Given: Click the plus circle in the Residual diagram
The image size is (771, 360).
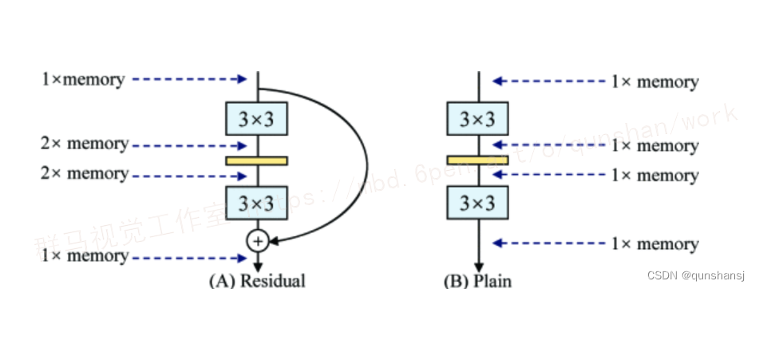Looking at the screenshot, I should click(x=257, y=239).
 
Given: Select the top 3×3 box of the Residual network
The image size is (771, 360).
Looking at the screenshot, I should click(x=256, y=119).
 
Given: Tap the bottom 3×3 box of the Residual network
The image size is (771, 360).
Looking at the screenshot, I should click(x=256, y=203).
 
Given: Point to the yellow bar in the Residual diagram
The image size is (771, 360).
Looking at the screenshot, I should click(x=256, y=160).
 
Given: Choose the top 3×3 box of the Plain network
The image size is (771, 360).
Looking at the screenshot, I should click(x=477, y=119).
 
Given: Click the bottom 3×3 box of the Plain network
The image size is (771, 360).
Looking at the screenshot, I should click(x=477, y=203).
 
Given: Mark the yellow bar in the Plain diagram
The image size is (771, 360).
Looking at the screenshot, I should click(x=477, y=160).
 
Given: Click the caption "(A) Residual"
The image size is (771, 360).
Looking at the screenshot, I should click(x=257, y=281).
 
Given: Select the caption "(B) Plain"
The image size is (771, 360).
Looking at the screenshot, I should click(x=477, y=281).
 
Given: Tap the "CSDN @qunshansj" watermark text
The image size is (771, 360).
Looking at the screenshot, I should click(x=695, y=275).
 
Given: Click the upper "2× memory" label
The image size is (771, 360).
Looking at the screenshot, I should click(x=85, y=144).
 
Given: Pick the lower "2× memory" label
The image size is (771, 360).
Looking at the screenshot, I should click(x=85, y=173).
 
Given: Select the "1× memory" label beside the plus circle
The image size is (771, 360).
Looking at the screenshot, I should click(x=85, y=255).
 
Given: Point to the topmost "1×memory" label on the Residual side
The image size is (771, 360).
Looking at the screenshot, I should click(x=83, y=79).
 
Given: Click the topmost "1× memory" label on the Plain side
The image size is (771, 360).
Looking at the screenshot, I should click(x=654, y=81).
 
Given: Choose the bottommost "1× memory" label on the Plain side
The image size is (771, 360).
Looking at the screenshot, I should click(x=654, y=243).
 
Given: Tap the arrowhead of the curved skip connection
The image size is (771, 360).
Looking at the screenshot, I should click(x=275, y=238).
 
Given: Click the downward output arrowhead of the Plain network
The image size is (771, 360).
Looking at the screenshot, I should click(x=478, y=267).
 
